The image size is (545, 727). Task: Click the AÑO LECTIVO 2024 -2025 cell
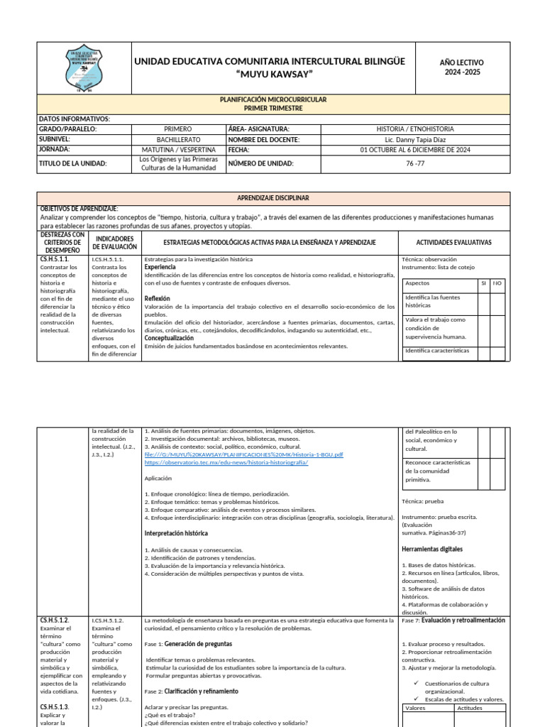click(x=462, y=67)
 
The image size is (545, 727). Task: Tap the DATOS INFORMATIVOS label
click(x=74, y=119)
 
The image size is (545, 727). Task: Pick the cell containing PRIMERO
click(x=177, y=129)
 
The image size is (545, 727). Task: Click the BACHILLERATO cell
click(x=177, y=140)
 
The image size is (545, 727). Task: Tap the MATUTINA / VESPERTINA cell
click(x=177, y=150)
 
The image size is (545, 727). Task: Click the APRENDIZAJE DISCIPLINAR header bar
click(x=272, y=198)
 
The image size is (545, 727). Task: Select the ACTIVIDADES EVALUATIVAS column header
click(x=453, y=242)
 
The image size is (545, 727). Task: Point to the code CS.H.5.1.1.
click(x=55, y=260)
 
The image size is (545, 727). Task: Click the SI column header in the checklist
click(x=483, y=283)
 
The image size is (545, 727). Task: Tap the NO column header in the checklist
click(x=497, y=283)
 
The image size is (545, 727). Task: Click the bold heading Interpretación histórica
click(x=176, y=532)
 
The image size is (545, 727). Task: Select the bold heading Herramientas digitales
click(x=431, y=549)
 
